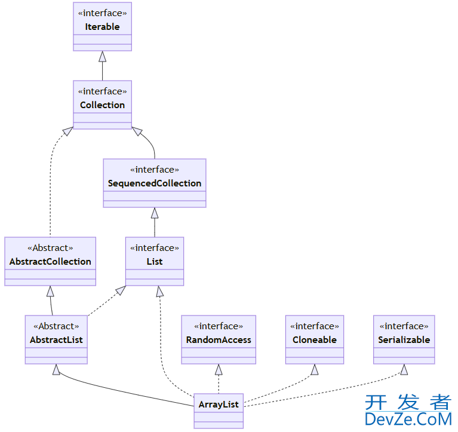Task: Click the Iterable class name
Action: [102, 27]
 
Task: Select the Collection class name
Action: [102, 105]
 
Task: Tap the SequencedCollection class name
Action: [155, 183]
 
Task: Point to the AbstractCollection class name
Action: [50, 262]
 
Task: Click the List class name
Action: [155, 262]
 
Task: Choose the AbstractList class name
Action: [56, 340]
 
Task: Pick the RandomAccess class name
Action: [219, 340]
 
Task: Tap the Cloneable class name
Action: [315, 340]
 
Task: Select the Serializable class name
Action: [404, 340]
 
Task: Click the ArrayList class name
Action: [219, 405]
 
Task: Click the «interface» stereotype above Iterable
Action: [102, 13]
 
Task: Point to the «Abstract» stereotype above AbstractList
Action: [56, 326]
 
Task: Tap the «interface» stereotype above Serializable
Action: [404, 326]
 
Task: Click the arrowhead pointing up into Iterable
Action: [102, 56]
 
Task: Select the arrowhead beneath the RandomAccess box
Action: [219, 369]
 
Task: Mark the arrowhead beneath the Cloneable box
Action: [315, 369]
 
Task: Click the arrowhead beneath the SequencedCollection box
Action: [155, 213]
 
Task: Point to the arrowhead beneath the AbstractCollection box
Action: [50, 291]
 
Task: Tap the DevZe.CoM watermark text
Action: [408, 420]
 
